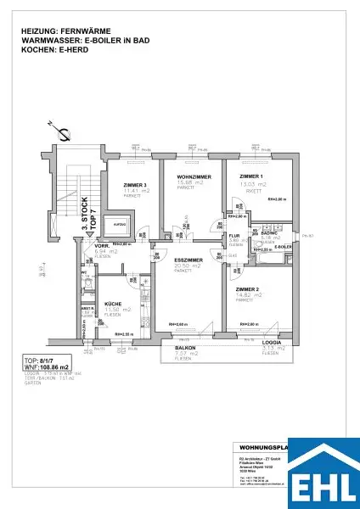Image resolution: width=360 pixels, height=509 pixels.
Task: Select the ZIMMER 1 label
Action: point(251,176)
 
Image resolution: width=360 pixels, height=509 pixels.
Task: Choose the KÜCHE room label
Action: point(115,303)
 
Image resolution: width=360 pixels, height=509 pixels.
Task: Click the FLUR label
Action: point(235,235)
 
